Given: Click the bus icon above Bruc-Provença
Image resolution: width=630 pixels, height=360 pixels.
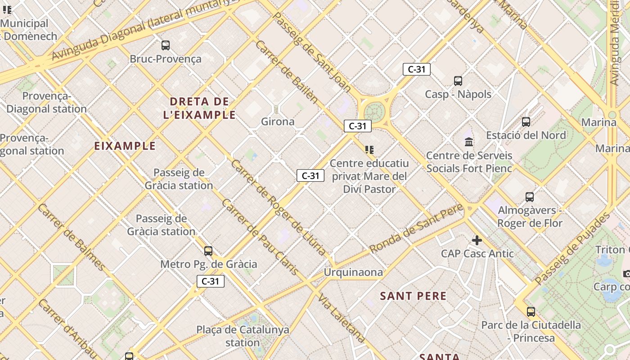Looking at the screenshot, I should coord(166,45).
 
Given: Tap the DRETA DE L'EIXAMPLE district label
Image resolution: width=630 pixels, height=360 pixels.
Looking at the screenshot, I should coord(199,108).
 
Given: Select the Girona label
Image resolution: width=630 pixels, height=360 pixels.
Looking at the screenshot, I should coord(278,121).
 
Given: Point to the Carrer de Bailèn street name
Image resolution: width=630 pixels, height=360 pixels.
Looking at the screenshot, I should coord(287,72).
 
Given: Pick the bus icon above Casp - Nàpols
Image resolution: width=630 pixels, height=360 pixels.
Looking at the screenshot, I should coord(458,81).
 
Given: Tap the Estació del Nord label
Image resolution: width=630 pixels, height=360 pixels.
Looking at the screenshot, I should coord(526,135).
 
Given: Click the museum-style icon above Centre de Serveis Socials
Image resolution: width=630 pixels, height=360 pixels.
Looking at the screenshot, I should coord(469,142).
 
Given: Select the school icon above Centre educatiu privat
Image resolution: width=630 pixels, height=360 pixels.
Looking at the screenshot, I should coord(369,149).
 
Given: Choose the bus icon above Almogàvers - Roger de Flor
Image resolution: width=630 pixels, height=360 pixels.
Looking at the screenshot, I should coord(530,197).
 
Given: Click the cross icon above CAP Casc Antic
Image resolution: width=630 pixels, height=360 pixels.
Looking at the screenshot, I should coord(477,240).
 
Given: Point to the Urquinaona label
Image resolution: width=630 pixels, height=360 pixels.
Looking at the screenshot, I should coord(353,272).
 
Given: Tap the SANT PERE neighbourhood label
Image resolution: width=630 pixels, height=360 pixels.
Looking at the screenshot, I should coord(413,296).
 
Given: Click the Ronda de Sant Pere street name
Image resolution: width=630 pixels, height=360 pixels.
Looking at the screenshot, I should coord(416,229).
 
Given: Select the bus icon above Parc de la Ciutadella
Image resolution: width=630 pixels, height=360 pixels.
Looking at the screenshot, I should coord(531,311).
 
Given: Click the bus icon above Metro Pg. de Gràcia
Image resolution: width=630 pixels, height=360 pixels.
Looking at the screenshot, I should coord(208,251).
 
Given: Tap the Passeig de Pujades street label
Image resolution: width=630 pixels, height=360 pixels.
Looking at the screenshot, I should coord(573,248).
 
